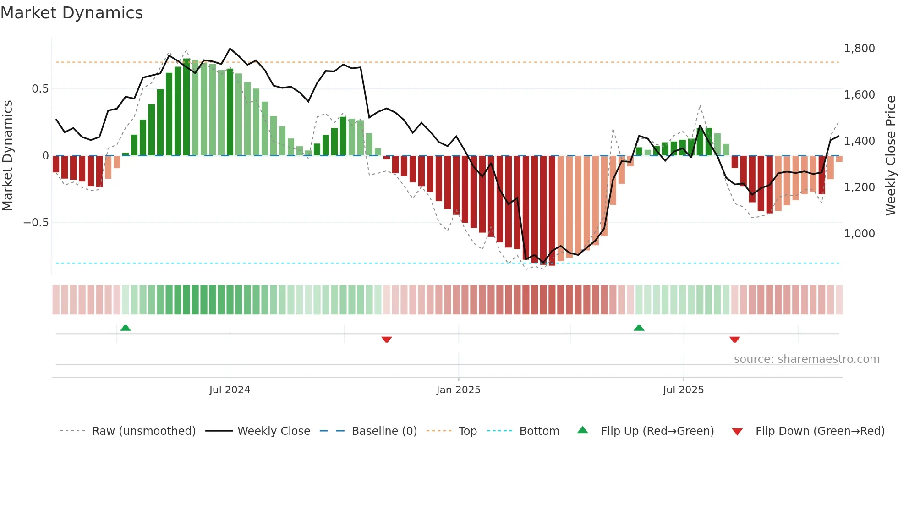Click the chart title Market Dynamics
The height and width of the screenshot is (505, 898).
(71, 13)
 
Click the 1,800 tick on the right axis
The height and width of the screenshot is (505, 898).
(859, 49)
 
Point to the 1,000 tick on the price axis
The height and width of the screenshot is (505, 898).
(859, 234)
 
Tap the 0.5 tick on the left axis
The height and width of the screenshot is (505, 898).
(40, 89)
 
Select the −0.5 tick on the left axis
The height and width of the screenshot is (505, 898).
(36, 223)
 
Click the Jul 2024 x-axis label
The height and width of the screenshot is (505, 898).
(230, 390)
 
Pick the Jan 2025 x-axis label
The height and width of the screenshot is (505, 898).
(458, 390)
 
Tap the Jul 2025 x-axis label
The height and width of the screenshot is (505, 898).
(683, 390)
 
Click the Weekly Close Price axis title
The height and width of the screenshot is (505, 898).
(890, 156)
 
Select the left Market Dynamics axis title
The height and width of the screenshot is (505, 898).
(7, 156)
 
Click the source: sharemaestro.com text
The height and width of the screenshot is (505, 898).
(806, 359)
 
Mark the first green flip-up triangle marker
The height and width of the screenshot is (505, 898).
(126, 328)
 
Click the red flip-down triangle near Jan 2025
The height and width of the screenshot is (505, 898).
(387, 340)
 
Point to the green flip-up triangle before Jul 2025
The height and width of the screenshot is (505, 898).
(639, 328)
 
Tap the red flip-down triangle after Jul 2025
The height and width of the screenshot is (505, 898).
(734, 340)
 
